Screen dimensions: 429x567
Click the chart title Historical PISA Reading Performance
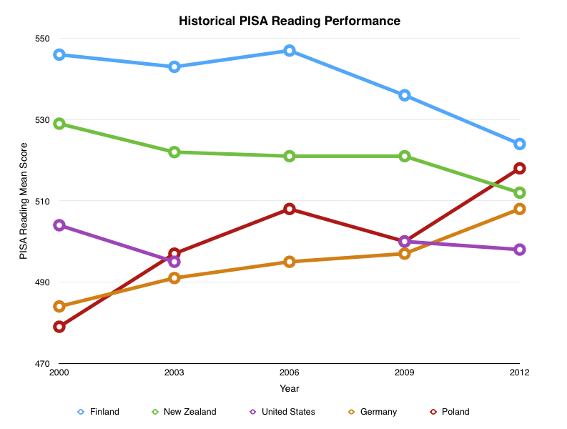[289, 21]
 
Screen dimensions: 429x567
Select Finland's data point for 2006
[290, 51]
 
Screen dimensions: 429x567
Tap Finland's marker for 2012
[520, 144]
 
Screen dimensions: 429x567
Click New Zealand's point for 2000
[59, 124]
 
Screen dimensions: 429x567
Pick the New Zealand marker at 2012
[520, 192]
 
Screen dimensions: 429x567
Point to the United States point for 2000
[59, 225]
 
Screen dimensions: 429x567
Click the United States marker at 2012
[520, 250]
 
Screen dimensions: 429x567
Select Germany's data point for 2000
[59, 307]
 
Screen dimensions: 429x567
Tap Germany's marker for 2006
[290, 262]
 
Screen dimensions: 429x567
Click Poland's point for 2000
[59, 327]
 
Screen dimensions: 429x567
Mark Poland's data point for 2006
[290, 209]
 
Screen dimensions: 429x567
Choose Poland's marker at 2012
[520, 168]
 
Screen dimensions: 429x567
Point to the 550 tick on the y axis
[44, 39]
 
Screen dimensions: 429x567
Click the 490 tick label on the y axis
[44, 282]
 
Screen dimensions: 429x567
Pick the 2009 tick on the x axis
[405, 373]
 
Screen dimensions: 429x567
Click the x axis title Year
[290, 389]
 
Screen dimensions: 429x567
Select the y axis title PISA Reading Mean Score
[24, 201]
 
